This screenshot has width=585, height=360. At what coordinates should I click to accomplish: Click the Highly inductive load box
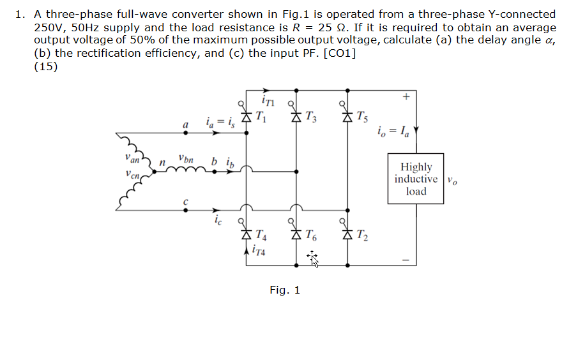(416, 179)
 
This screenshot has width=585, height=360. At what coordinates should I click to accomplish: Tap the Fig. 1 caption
(285, 290)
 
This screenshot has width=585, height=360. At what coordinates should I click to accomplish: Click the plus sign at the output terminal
(405, 97)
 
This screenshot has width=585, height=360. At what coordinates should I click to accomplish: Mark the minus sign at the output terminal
(405, 259)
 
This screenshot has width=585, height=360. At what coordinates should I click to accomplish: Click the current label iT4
(261, 251)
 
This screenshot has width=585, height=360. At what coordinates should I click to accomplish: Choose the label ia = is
(220, 122)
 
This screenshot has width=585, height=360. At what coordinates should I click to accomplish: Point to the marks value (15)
(45, 66)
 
